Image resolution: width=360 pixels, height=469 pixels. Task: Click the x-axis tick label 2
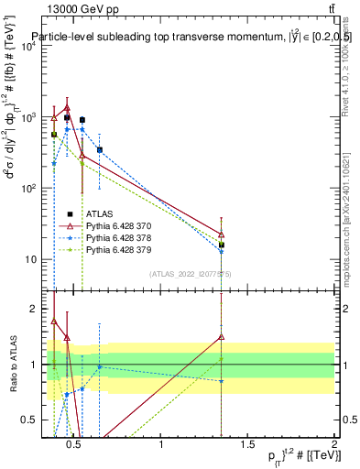click(x=333, y=445)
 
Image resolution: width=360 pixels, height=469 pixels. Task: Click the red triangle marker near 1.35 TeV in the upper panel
click(x=222, y=234)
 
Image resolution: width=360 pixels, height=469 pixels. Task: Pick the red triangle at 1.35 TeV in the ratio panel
click(x=222, y=336)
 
